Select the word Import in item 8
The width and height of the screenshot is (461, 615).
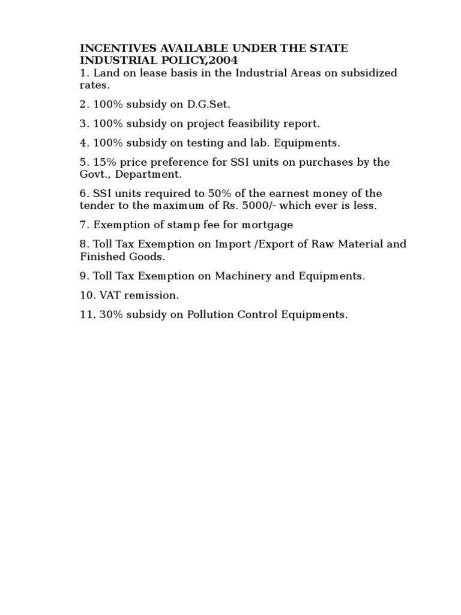click(231, 244)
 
